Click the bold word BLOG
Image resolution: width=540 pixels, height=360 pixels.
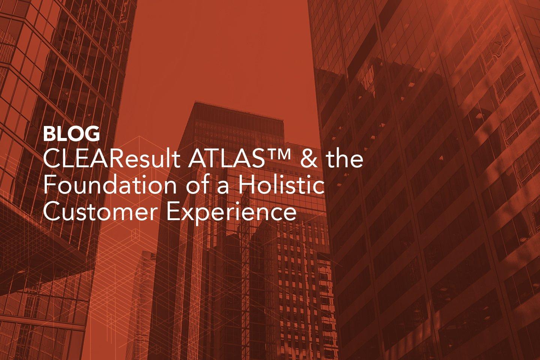click(71, 134)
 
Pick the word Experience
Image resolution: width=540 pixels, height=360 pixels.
click(231, 214)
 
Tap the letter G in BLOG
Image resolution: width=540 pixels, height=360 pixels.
click(93, 134)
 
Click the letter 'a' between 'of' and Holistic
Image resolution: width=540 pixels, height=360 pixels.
click(223, 187)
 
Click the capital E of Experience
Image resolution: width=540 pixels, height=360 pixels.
click(172, 212)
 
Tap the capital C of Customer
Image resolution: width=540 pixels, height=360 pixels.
click(51, 211)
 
